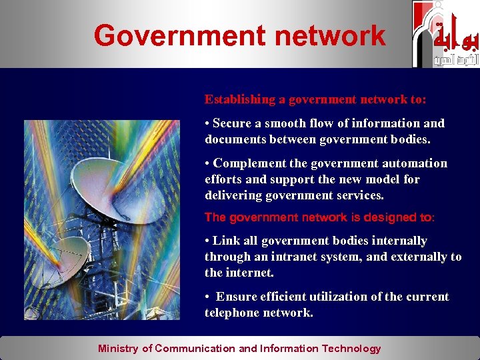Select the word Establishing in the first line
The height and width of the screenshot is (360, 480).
[x=239, y=100]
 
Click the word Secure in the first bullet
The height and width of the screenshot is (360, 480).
[x=231, y=123]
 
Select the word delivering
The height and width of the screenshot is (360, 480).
[x=232, y=195]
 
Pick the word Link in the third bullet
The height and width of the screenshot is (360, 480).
[x=225, y=241]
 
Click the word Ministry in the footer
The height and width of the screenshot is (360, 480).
[x=118, y=348]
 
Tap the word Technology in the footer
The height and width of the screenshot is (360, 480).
[x=351, y=348]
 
